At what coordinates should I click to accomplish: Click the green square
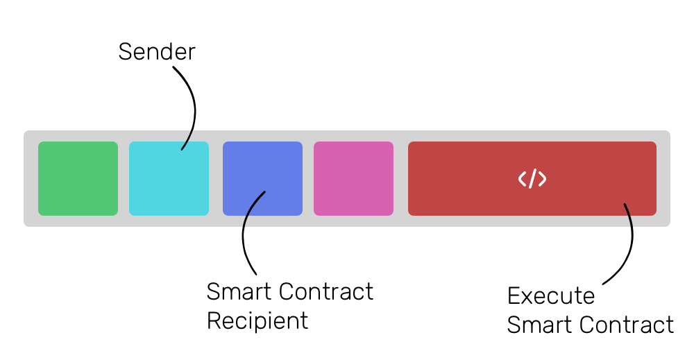coord(78,178)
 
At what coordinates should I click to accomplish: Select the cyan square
coord(169,178)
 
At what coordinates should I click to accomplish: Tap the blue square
coord(262,178)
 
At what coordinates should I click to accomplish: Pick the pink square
coord(353,178)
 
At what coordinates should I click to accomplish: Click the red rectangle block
coord(472,178)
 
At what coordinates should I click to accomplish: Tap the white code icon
coord(532,179)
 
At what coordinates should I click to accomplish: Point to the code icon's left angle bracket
coord(523,179)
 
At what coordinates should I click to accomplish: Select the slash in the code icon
coord(532,179)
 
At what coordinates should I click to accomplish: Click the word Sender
coord(157,52)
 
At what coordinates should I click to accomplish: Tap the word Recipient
coord(257,321)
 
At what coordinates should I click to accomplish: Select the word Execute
coord(551,296)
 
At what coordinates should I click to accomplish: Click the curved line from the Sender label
coord(192,104)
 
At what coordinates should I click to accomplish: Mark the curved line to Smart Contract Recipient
coord(245,236)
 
